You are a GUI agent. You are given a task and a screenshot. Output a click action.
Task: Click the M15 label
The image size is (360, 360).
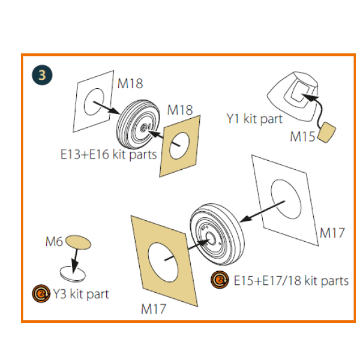(302, 136)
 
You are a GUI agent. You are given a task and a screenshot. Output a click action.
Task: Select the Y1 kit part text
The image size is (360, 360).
(254, 119)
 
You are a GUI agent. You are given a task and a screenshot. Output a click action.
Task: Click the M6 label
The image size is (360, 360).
(54, 242)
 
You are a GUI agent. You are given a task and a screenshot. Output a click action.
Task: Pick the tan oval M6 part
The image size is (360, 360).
(79, 241)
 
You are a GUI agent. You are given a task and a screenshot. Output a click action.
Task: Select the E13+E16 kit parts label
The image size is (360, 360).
(108, 154)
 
